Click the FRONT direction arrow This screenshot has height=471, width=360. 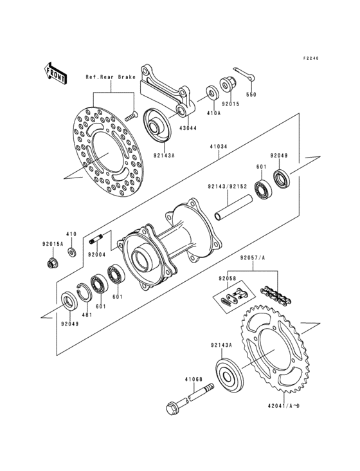click(x=57, y=73)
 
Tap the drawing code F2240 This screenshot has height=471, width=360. click(x=311, y=58)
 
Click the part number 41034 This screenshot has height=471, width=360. click(x=218, y=147)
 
